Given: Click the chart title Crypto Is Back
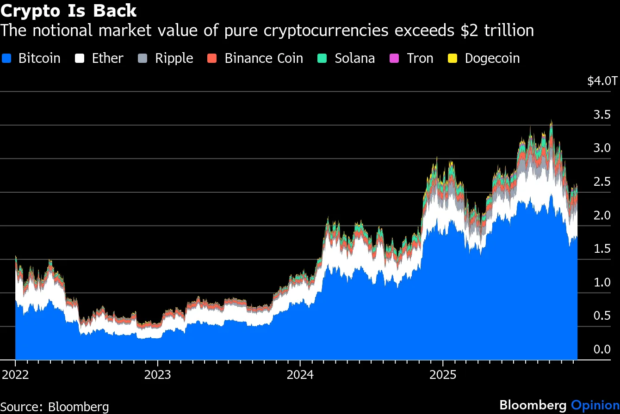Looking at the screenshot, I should (x=68, y=10).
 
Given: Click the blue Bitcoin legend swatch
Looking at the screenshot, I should (x=7, y=59).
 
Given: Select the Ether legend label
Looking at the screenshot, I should (x=107, y=59).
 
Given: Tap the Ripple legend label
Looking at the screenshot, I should (x=174, y=59).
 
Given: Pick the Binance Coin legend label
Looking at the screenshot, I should (x=264, y=59).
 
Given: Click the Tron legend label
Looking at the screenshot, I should (x=420, y=59).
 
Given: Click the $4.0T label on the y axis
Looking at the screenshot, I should (x=602, y=81).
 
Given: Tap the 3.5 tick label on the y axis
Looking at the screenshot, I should (x=602, y=115).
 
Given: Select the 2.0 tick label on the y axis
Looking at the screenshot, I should (x=602, y=216).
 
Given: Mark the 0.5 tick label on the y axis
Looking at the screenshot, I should (x=602, y=316).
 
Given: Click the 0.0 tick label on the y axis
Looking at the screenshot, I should (x=602, y=349).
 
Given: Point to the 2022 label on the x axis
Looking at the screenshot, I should (x=15, y=374).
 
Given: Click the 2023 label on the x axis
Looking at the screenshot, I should (x=158, y=374).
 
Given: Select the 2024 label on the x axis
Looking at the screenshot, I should (x=300, y=374).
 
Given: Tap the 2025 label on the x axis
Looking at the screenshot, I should (x=442, y=374).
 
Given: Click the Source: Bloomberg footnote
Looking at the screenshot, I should (x=55, y=407).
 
